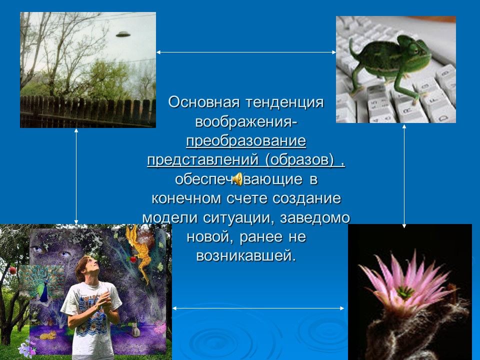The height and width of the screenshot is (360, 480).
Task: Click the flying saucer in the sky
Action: [x=122, y=34]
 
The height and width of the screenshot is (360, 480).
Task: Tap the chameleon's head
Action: [x=416, y=47]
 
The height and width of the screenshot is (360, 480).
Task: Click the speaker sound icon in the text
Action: [x=238, y=178]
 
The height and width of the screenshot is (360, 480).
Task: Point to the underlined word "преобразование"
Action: [x=246, y=140]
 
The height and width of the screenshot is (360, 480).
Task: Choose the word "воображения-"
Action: [x=246, y=121]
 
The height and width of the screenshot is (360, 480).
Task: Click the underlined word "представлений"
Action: [x=202, y=159]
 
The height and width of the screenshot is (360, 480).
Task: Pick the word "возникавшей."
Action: [x=246, y=255]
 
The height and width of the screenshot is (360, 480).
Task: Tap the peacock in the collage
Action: [x=47, y=285]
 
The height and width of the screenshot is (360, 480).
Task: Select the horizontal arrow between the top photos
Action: [x=246, y=52]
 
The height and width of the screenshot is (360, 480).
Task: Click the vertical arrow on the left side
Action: [x=76, y=175]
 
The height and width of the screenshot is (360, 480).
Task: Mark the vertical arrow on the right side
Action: [x=404, y=175]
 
